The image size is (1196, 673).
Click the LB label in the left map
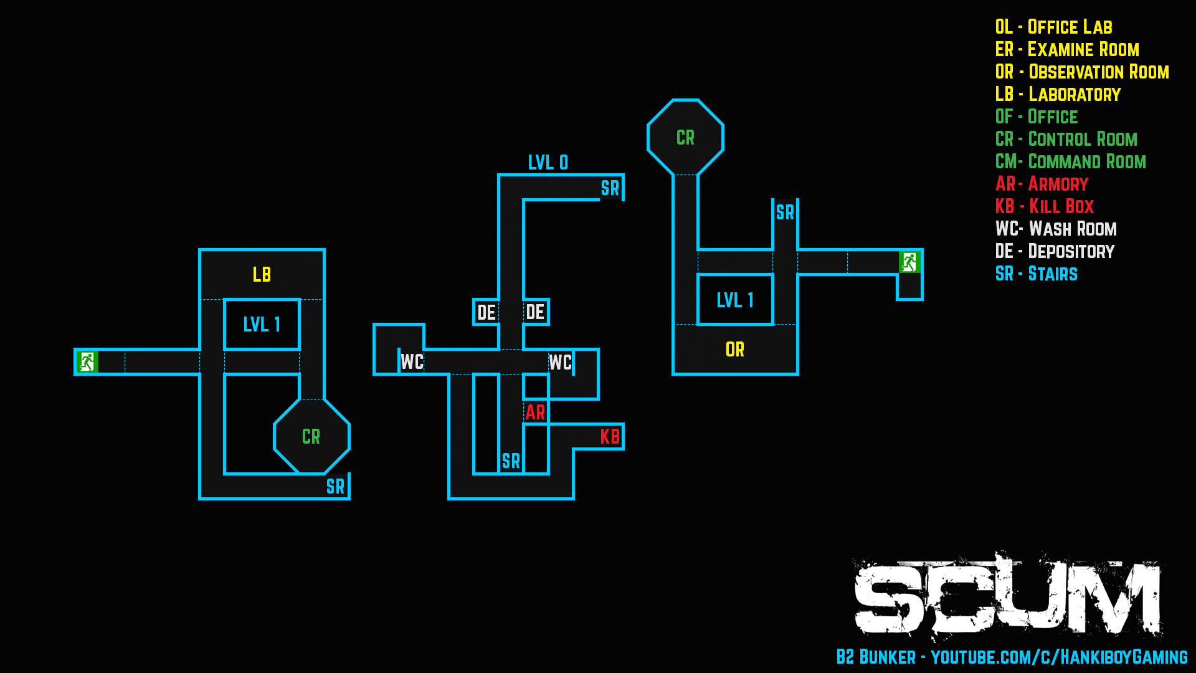(262, 275)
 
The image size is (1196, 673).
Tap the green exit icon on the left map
(87, 361)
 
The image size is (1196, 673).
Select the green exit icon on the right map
(909, 262)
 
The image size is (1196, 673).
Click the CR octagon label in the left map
(311, 437)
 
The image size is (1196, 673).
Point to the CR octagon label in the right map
(685, 138)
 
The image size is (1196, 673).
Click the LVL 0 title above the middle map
(548, 163)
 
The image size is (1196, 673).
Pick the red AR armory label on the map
(535, 412)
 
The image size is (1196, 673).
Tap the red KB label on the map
(610, 436)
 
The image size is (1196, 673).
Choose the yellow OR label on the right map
(735, 350)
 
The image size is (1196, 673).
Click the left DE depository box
(486, 312)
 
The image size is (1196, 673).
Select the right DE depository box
(535, 312)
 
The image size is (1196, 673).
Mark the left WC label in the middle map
(412, 362)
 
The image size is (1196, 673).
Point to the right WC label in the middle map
(560, 362)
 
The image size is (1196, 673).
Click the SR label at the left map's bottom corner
(335, 487)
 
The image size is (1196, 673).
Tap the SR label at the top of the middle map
(610, 188)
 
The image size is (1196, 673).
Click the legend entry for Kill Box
(1045, 206)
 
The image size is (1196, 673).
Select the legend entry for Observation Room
(1082, 72)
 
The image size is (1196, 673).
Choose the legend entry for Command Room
(1071, 161)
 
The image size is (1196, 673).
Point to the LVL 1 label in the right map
(735, 300)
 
